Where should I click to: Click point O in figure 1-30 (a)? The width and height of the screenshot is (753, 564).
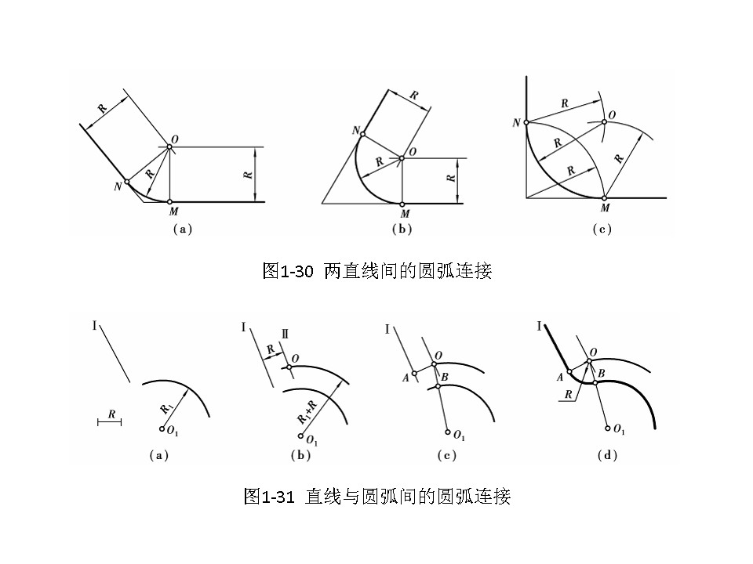point(169,146)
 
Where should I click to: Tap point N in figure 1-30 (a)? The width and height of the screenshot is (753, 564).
point(126,182)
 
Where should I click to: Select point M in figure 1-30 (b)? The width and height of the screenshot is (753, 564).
point(402,203)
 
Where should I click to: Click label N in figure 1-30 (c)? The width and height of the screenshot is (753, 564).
point(515,123)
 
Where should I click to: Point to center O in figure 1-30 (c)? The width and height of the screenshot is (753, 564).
point(604,121)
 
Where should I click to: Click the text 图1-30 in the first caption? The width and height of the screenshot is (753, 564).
point(288,272)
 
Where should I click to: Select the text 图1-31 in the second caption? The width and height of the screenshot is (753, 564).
point(269,497)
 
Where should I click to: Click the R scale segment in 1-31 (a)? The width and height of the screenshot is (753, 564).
point(110,422)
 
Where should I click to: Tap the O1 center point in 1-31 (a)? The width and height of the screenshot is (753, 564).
point(162,428)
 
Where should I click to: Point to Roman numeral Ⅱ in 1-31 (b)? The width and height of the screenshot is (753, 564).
point(286,334)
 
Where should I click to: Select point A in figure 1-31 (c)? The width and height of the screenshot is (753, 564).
point(415,373)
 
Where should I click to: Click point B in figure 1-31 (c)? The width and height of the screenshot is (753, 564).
point(438,387)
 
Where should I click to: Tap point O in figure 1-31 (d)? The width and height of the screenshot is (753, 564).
point(589,361)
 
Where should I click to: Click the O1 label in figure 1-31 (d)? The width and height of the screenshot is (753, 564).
point(619,430)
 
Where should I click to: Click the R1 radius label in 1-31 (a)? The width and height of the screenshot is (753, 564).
point(166,407)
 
